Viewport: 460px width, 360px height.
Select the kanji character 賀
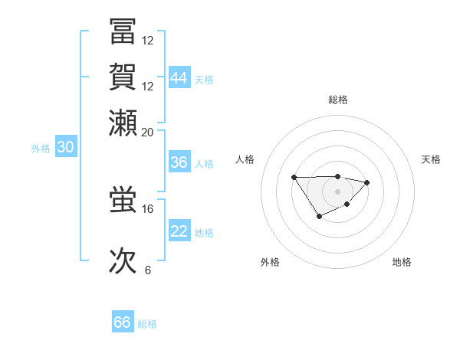pyautogui.click(x=123, y=78)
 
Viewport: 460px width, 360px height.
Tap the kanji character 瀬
pyautogui.click(x=123, y=123)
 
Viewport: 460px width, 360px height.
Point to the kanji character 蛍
pyautogui.click(x=123, y=200)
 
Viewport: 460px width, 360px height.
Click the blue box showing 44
pyautogui.click(x=179, y=78)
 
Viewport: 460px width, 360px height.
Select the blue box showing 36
pyautogui.click(x=179, y=162)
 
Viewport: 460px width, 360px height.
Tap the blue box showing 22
pyautogui.click(x=179, y=231)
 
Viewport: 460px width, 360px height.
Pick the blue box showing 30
pyautogui.click(x=64, y=148)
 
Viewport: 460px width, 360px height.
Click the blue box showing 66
pyautogui.click(x=123, y=322)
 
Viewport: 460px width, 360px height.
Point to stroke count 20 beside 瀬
pyautogui.click(x=147, y=132)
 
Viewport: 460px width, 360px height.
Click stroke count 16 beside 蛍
pyautogui.click(x=147, y=208)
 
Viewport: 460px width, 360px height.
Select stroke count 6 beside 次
pyautogui.click(x=147, y=270)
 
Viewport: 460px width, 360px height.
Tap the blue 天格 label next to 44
pyautogui.click(x=204, y=80)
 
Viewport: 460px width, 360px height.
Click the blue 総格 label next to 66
pyautogui.click(x=147, y=324)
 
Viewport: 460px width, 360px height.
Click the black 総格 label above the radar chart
pyautogui.click(x=337, y=100)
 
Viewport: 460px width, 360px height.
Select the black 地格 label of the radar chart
pyautogui.click(x=402, y=262)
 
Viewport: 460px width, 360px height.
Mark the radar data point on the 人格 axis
pyautogui.click(x=294, y=178)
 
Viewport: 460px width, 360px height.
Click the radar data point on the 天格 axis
pyautogui.click(x=367, y=182)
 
